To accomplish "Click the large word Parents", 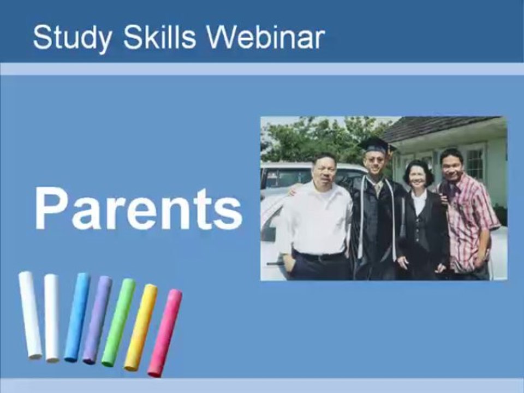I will (138, 209).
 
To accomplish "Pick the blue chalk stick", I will (77, 317).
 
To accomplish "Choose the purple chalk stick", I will (97, 320).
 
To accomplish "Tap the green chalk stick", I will (118, 322).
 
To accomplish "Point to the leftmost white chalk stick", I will (30, 315).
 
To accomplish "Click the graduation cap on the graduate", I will (376, 145).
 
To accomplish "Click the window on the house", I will (474, 163).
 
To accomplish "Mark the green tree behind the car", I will (317, 139).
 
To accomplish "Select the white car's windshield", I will (284, 177).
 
